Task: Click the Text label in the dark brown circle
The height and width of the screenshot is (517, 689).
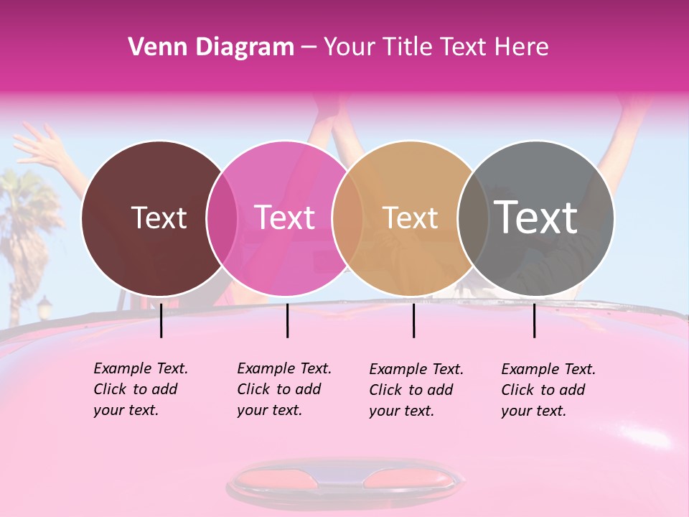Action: tap(159, 218)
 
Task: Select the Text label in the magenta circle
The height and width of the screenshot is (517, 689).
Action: tap(285, 218)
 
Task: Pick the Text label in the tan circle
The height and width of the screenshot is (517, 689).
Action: tap(410, 218)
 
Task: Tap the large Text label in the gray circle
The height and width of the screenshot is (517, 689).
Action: tap(536, 217)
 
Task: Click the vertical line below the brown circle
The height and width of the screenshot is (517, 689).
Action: tap(161, 320)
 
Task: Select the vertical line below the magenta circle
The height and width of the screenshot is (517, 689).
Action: tap(287, 320)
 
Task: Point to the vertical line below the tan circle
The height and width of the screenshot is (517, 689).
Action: tap(414, 320)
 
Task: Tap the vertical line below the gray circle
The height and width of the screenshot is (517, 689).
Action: tap(535, 320)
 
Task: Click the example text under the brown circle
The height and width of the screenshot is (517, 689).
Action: tap(140, 389)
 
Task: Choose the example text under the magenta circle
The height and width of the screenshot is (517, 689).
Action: tap(283, 389)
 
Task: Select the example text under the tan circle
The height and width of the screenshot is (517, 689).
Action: tap(416, 390)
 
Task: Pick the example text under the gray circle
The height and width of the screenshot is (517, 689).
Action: tap(548, 390)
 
